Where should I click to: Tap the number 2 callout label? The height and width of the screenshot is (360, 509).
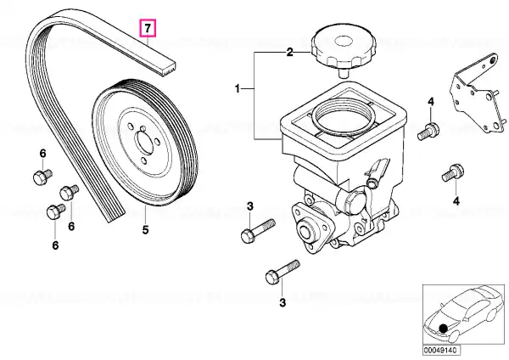point(288,53)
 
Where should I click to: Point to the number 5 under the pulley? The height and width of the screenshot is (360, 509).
point(144,229)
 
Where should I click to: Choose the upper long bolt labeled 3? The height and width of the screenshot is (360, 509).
point(258,229)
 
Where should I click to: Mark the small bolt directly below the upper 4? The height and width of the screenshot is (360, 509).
point(430,130)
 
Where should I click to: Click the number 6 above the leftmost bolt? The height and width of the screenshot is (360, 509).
point(40,153)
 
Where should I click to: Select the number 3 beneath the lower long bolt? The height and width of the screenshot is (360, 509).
point(280,301)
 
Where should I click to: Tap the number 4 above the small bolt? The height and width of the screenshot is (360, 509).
point(430,103)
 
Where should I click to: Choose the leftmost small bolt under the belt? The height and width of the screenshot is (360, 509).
point(39,177)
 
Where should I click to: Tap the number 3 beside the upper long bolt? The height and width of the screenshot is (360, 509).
point(250,206)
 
